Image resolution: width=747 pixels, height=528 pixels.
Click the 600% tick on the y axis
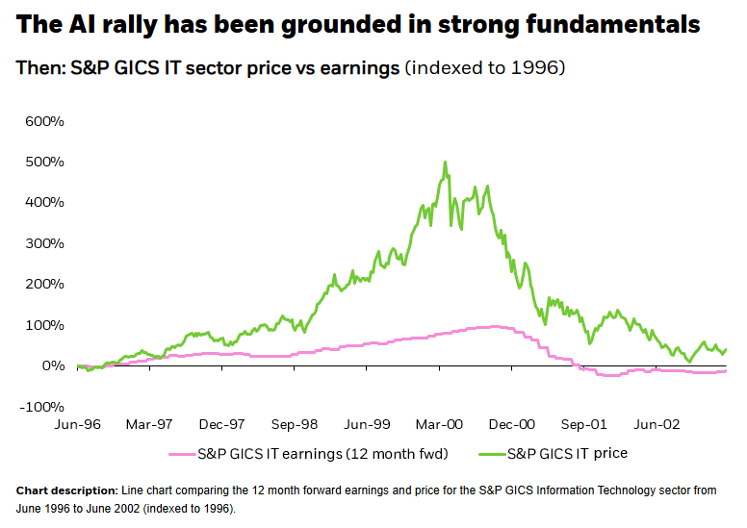[x=45, y=122]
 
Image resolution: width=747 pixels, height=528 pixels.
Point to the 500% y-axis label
[x=45, y=163]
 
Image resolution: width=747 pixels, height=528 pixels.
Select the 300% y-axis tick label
[x=45, y=244]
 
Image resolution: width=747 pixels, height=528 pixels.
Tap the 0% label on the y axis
[x=53, y=365]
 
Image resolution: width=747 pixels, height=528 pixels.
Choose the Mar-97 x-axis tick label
[x=149, y=423]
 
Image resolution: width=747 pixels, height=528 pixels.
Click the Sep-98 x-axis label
[x=295, y=423]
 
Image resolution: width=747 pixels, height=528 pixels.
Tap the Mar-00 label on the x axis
[x=440, y=423]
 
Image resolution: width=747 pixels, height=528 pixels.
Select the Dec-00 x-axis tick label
[x=512, y=423]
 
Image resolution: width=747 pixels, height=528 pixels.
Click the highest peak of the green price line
[x=445, y=163]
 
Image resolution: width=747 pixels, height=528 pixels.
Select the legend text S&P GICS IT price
[x=569, y=452]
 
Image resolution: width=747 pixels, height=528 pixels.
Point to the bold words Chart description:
[x=65, y=490]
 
